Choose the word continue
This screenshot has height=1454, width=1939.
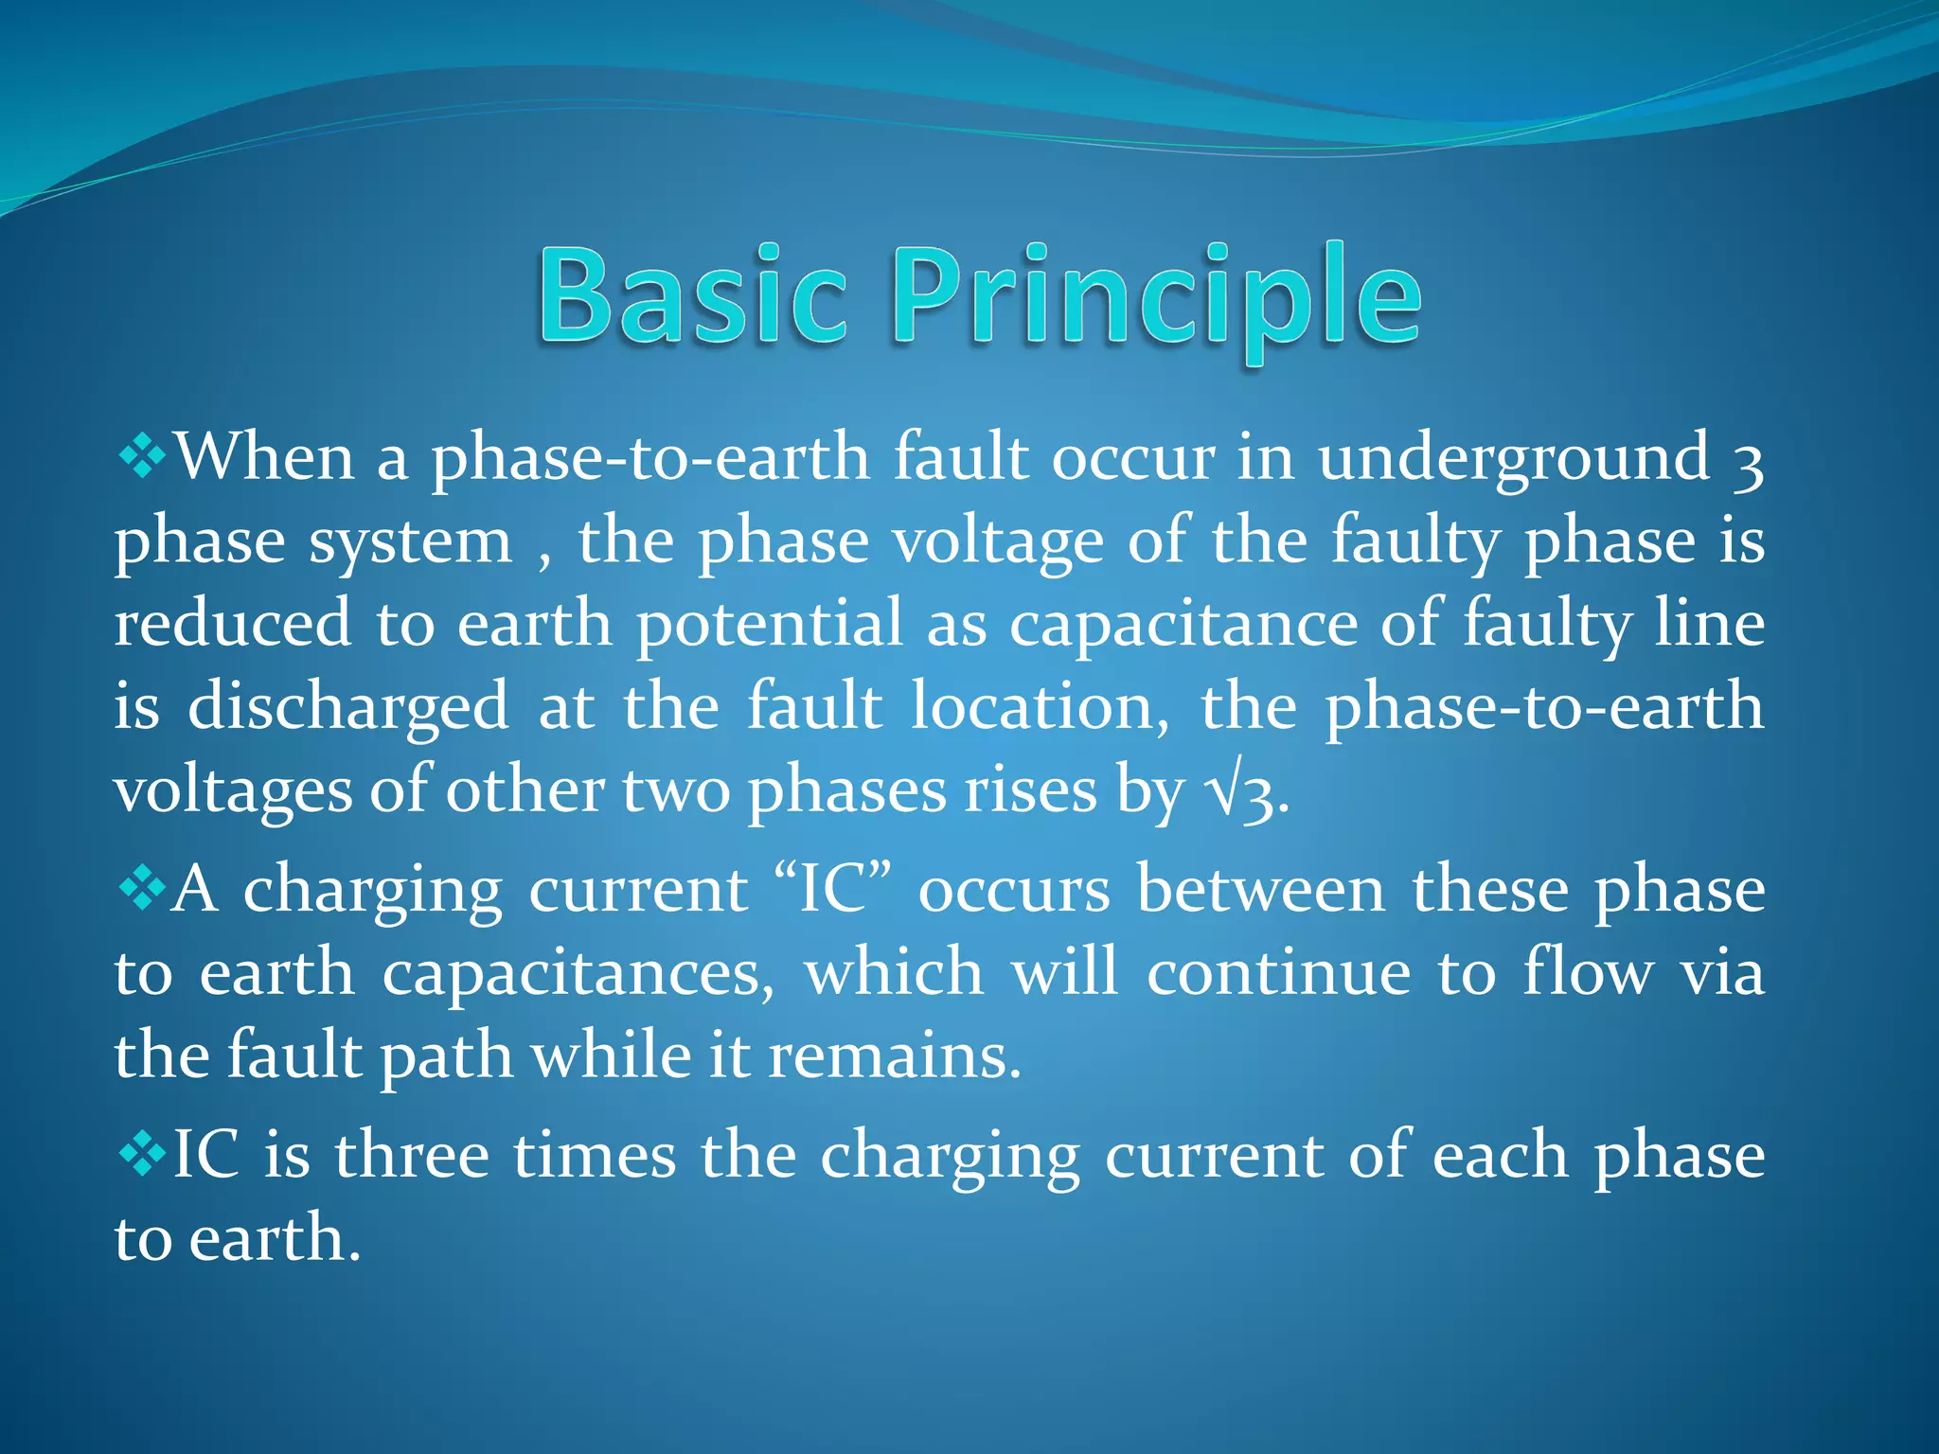coord(1278,973)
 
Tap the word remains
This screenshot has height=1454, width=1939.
coord(894,1056)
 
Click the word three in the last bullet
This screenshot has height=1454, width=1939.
coord(412,1156)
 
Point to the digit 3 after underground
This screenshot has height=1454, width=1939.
coord(1748,464)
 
